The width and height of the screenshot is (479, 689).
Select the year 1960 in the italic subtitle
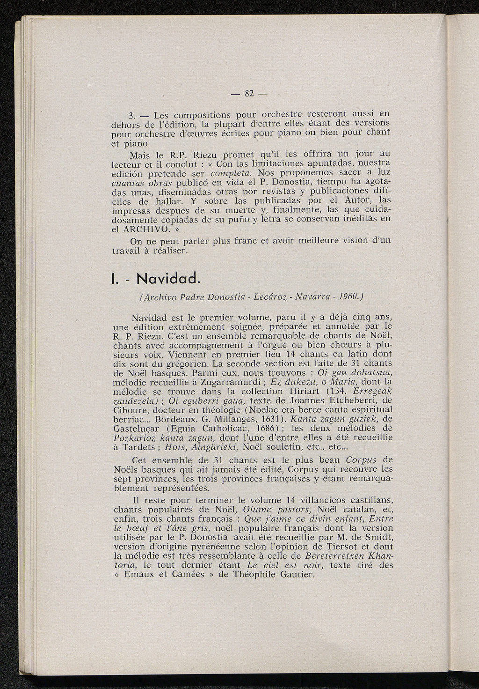coord(349,296)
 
